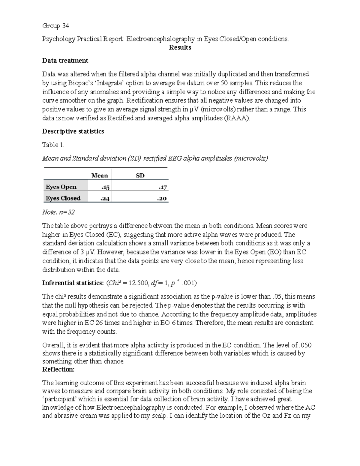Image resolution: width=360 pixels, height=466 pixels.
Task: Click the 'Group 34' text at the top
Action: coord(55,26)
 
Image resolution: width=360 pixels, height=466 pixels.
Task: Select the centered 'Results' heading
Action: coord(180,47)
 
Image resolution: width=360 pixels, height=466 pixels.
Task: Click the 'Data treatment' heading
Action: coord(65,61)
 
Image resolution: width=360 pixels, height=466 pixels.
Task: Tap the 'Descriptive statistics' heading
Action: coord(73,131)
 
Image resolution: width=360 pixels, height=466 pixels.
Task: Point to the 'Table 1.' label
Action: coord(53,145)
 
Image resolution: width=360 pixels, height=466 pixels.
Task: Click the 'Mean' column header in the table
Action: coord(99,176)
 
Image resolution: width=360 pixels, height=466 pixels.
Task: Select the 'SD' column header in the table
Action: coord(140,176)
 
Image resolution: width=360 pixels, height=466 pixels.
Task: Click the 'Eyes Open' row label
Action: coord(61,187)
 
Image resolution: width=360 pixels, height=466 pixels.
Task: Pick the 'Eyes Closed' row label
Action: coord(63,198)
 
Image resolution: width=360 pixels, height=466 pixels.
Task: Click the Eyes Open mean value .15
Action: coord(105,187)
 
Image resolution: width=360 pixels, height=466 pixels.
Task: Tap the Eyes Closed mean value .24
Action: coord(105,198)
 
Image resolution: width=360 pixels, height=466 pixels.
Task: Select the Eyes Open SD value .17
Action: coord(163,187)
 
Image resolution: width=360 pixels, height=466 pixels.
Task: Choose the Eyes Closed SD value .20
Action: coord(162,198)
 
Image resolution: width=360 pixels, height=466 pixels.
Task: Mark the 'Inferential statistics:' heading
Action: coord(73,283)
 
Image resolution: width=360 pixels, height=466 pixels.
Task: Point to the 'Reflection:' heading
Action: coord(58,369)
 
